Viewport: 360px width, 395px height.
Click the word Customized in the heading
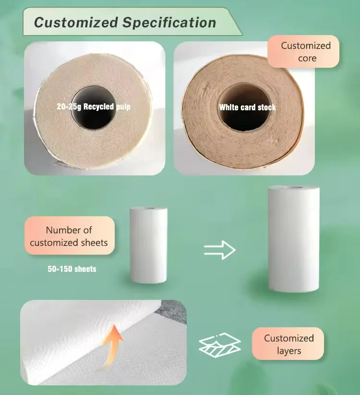point(68,22)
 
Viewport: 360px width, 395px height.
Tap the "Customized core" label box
point(306,52)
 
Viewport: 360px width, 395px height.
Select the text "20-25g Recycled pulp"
point(93,107)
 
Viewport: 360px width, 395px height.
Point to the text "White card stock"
point(248,107)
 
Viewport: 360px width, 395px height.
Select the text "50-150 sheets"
point(72,269)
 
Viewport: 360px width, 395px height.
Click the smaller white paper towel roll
point(148,245)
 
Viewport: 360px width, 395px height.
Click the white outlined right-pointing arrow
point(219,250)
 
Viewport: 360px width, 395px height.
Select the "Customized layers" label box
point(288,344)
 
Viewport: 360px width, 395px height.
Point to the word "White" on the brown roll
point(229,107)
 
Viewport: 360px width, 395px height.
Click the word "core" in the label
point(307,58)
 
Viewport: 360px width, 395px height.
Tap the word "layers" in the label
point(288,351)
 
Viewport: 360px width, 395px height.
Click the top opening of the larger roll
point(294,187)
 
